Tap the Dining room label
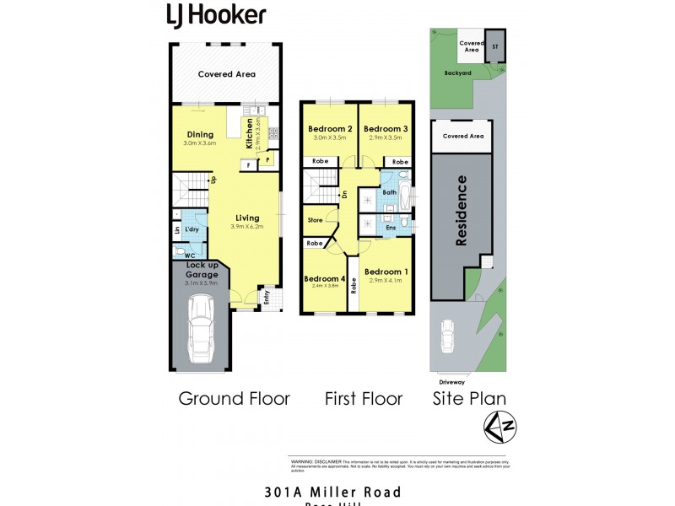tap(200, 134)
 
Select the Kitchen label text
tap(250, 133)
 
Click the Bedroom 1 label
tap(386, 271)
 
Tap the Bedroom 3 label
tap(386, 128)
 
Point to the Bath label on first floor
tap(390, 192)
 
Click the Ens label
tap(390, 227)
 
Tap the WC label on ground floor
tap(190, 255)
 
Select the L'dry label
tap(192, 229)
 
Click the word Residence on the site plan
tap(462, 211)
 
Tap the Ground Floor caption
tap(234, 399)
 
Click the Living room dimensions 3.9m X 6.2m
tap(248, 227)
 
